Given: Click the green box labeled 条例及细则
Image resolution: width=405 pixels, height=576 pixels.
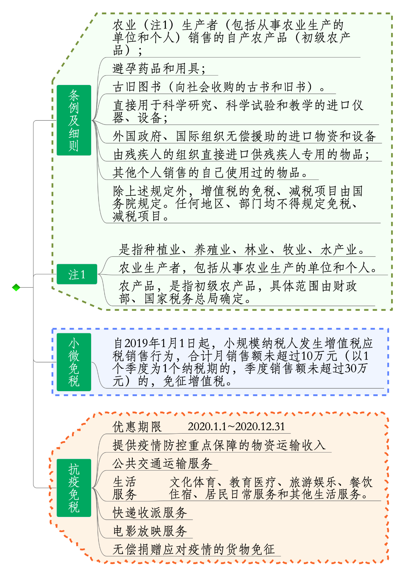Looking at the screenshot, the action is (74, 120).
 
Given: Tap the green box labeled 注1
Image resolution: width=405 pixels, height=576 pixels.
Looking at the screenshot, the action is (77, 274).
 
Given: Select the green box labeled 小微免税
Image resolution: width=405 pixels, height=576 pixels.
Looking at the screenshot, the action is (74, 362).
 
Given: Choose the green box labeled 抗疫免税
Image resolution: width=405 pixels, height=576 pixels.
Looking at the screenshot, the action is (74, 488).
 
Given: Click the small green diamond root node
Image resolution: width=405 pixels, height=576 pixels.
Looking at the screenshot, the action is (16, 288).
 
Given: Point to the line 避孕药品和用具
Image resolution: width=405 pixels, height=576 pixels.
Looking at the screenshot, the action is (159, 68).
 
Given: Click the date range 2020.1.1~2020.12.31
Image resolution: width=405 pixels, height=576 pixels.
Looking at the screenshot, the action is (236, 427).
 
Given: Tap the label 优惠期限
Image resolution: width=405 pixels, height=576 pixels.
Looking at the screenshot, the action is (137, 427).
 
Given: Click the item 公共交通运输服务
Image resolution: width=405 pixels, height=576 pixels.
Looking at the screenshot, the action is (162, 464).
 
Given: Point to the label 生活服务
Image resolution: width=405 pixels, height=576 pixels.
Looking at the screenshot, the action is (125, 488).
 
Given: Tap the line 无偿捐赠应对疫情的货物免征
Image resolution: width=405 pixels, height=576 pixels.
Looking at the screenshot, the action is (194, 549).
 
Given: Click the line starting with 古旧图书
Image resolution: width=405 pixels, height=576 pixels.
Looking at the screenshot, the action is (219, 87).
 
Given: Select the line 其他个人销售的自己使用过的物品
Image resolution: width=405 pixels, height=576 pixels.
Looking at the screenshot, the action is (210, 173).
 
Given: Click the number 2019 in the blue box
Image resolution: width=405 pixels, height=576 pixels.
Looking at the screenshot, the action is (136, 343).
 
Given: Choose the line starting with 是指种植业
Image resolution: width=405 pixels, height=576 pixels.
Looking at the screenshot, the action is (242, 250).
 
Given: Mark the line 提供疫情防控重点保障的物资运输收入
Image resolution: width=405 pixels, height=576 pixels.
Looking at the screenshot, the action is (219, 445).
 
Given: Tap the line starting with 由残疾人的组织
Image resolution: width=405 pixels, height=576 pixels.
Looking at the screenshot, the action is (241, 155).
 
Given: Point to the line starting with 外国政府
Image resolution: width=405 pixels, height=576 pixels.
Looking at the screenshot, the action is (244, 136).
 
